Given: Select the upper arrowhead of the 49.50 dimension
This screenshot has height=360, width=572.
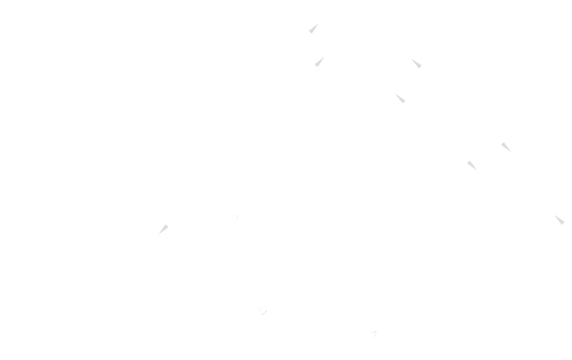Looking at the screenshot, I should (x=315, y=27).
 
